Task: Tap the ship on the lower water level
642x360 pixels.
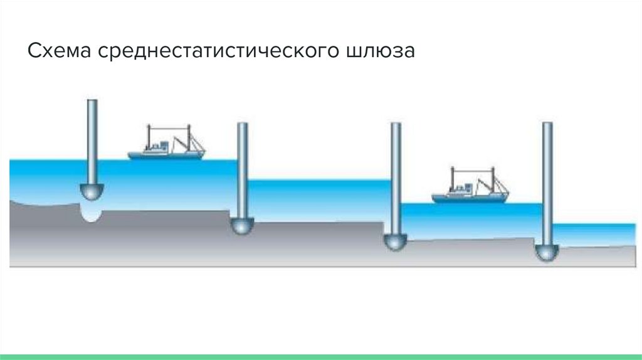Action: coord(470,189)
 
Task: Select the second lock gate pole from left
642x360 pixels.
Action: coord(242,169)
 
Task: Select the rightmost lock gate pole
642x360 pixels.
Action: coord(547,182)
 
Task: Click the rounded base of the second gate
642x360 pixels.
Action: coord(241,226)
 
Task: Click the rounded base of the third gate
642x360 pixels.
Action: coord(395,242)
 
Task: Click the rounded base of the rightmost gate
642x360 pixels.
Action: coord(547,253)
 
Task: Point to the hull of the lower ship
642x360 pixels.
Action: coord(469,198)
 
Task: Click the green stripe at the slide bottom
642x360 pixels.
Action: coord(321,356)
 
